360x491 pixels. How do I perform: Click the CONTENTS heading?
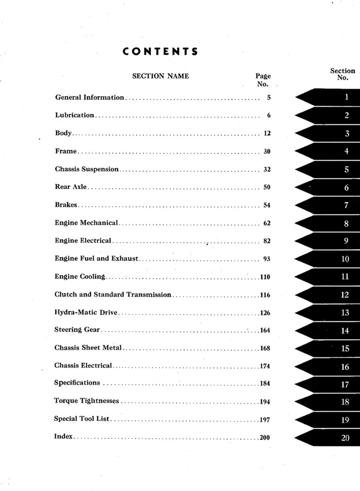161,52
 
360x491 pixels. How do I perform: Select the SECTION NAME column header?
161,76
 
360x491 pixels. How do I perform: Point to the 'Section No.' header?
342,75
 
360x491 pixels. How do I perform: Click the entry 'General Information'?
89,97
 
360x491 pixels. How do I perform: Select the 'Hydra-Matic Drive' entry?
86,313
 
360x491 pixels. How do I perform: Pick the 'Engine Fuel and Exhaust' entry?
96,259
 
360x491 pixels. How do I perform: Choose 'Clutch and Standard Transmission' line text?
112,295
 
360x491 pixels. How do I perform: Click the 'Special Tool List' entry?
82,419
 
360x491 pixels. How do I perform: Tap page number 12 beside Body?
266,133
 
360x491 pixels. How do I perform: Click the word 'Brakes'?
66,205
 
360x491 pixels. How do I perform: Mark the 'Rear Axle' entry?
71,187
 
